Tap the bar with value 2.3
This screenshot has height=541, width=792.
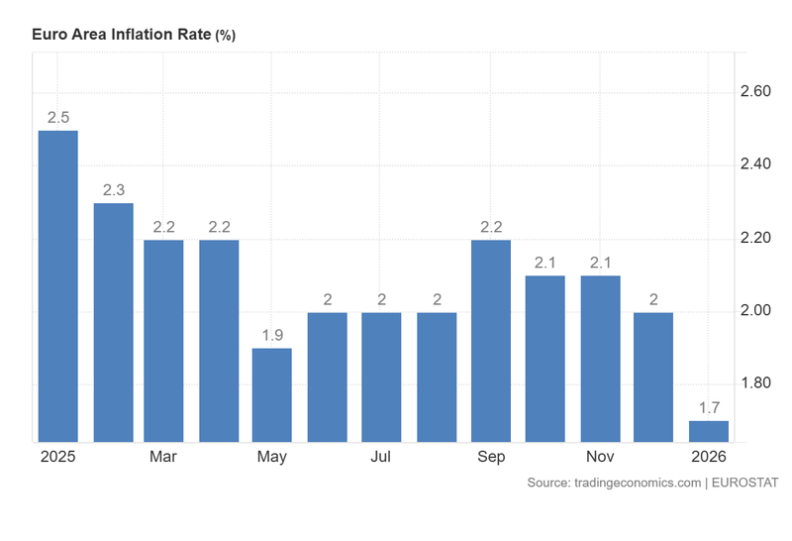coord(113,322)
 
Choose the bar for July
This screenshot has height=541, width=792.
coord(381,377)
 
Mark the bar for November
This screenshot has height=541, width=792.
coord(600,358)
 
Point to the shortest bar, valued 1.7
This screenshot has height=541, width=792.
coord(709,431)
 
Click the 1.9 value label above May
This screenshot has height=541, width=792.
coord(272,335)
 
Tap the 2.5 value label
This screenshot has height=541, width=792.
coord(57,117)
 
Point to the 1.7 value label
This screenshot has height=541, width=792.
coord(709,407)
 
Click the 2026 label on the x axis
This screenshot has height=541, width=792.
coord(709,457)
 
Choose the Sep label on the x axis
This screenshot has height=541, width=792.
coord(491,457)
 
